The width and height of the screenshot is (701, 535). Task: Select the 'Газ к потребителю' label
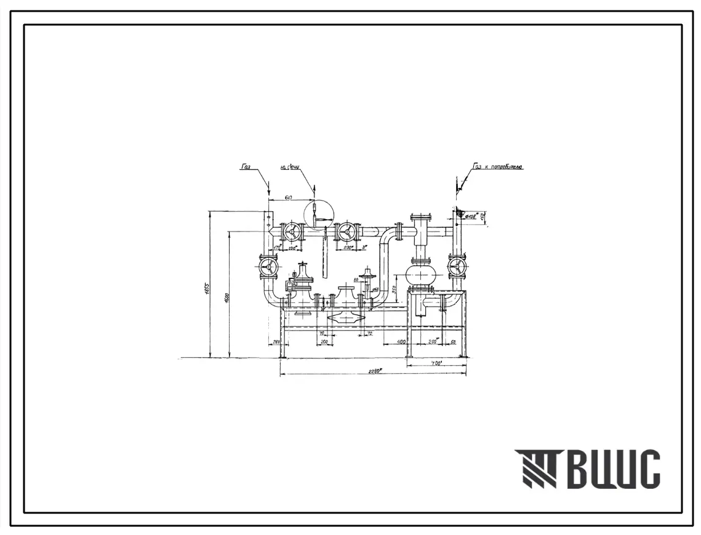click(x=498, y=166)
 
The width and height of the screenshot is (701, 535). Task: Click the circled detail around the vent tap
click(x=318, y=215)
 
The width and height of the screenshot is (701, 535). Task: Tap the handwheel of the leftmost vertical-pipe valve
click(x=268, y=267)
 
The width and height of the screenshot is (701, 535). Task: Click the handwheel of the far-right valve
click(x=457, y=267)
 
